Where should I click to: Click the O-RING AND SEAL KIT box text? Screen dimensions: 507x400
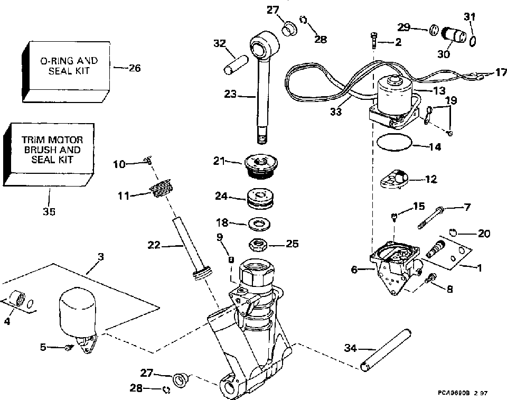pos(69,66)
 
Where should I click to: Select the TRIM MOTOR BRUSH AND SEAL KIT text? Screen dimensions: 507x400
pos(52,150)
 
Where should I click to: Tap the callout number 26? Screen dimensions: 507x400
pos(135,68)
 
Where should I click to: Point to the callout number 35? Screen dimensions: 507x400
pos(49,211)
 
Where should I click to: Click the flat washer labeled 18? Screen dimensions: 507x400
pos(259,224)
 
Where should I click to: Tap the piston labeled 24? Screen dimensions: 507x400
pos(260,199)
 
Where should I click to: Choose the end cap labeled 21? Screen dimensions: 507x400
pos(261,165)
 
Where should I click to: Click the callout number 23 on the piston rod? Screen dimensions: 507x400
pos(230,94)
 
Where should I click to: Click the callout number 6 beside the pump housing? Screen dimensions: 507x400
pos(354,269)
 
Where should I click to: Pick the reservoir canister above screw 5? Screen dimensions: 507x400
pos(78,314)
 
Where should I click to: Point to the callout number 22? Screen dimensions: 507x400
pos(154,245)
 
